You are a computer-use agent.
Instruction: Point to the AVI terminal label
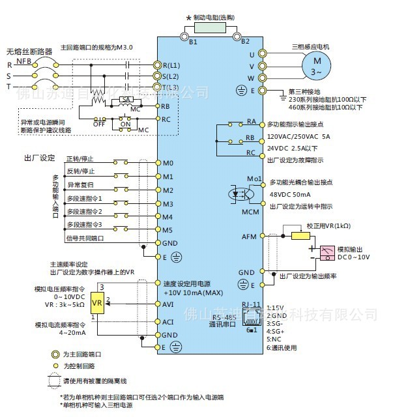coord(168,304)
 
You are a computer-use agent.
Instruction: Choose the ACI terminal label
coord(168,322)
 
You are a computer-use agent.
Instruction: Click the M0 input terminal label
coord(167,163)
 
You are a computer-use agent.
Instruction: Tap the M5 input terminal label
coord(167,229)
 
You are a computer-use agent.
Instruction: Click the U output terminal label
coord(252,55)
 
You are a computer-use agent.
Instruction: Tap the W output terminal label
coord(252,78)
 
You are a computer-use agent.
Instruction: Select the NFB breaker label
coord(24,60)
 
